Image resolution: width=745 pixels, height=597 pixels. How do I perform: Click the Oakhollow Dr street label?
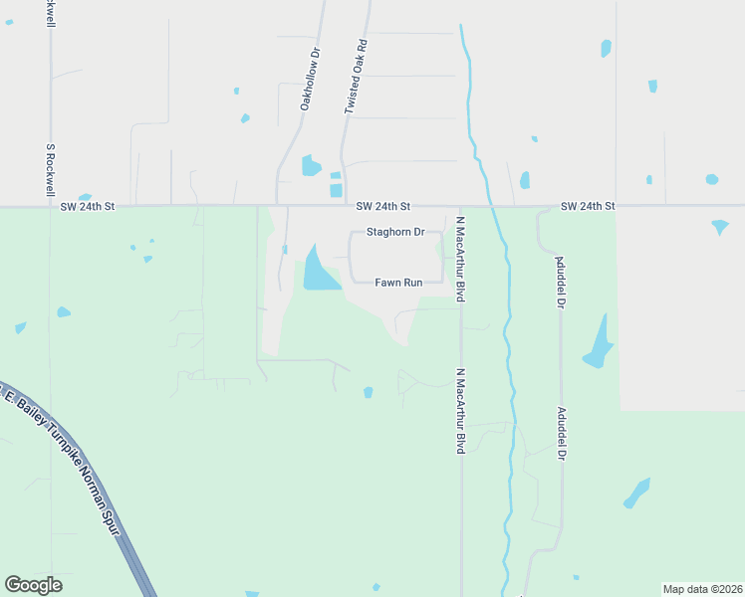309,78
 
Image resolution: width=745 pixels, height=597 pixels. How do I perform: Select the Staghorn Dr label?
395,232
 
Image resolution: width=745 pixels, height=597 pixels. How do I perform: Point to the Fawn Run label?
398,283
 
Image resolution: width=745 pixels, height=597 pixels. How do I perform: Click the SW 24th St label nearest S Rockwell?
88,207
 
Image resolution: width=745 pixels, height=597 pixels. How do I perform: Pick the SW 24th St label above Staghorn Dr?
383,207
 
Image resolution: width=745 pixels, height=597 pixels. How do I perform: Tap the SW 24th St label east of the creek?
588,207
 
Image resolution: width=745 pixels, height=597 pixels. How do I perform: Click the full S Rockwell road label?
50,170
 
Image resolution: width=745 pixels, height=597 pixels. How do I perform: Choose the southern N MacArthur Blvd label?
461,412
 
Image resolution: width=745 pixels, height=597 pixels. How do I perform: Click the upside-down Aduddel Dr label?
560,280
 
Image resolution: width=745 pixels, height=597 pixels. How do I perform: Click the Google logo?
34,585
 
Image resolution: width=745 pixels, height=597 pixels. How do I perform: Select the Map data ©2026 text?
702,589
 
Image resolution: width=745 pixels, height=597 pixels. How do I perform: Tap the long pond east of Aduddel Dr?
598,343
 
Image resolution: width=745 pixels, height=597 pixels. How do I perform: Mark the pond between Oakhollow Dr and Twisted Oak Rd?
312,165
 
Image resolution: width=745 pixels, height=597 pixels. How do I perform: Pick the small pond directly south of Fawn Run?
369,392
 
